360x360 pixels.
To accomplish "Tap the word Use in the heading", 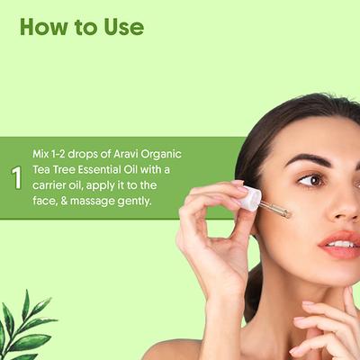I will pyautogui.click(x=121, y=27).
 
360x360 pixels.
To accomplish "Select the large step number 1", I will pyautogui.click(x=16, y=177).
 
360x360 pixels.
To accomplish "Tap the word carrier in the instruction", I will pyautogui.click(x=56, y=185).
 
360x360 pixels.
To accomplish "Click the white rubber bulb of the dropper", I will pyautogui.click(x=249, y=198).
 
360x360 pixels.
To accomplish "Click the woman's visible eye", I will pyautogui.click(x=311, y=180).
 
